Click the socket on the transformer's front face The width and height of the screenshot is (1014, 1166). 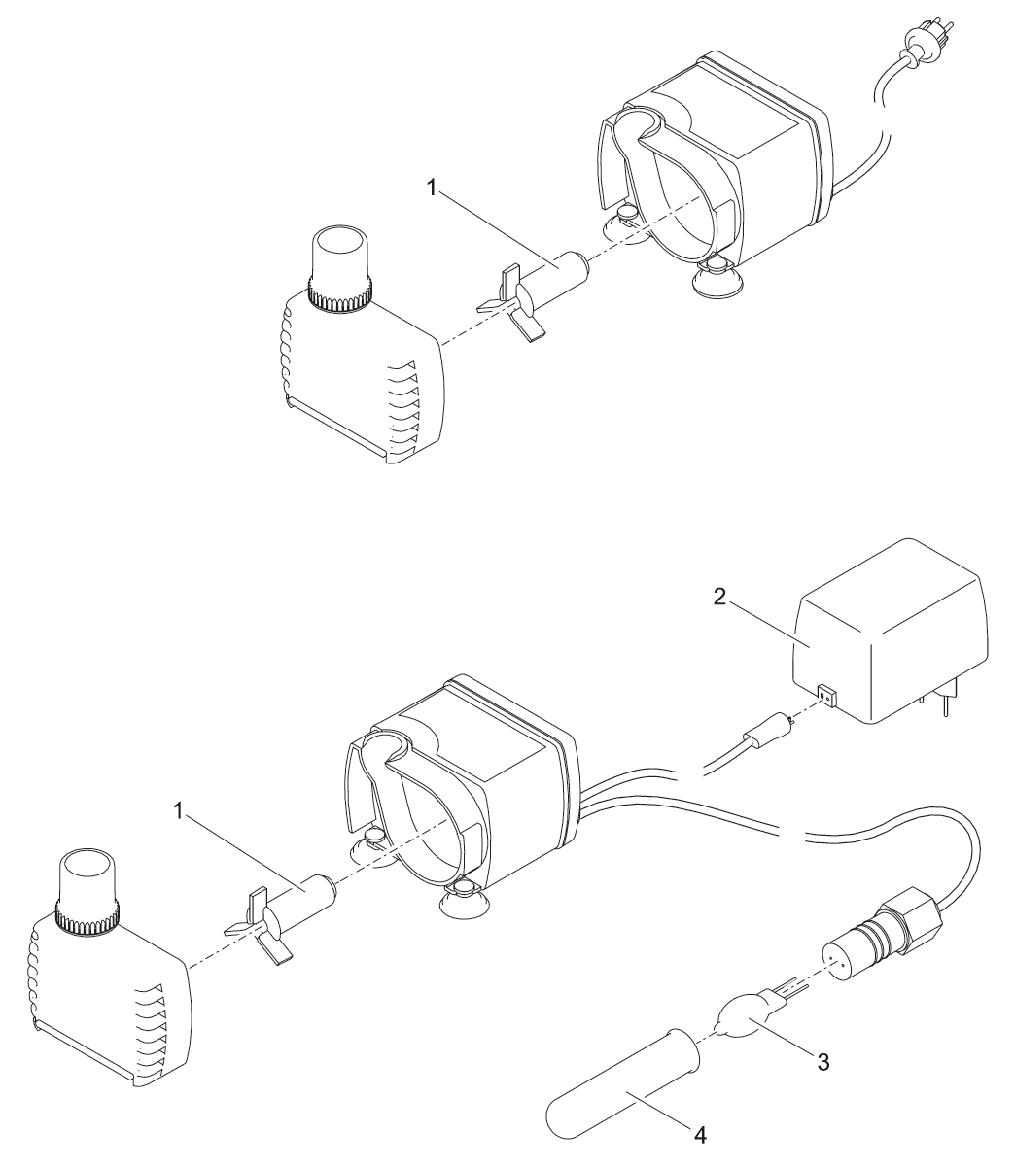coord(827,696)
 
